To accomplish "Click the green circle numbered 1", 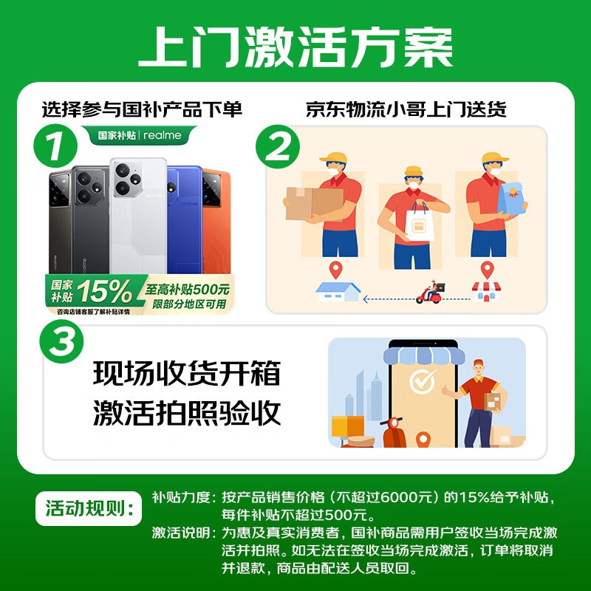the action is click(55, 146).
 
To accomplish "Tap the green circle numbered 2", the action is click(278, 146).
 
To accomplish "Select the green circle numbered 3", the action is click(61, 341).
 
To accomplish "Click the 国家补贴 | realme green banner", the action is click(140, 135).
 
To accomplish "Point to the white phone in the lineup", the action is click(138, 216).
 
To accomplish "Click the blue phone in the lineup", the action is click(185, 219).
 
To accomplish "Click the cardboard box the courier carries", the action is click(314, 203).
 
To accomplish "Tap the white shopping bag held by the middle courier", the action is click(419, 222).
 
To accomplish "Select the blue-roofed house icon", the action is click(338, 291).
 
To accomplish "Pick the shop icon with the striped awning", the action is click(486, 292).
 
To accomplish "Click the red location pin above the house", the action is click(335, 270).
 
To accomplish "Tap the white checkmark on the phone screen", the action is click(423, 381).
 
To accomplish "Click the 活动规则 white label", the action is click(89, 508).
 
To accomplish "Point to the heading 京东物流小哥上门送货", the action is click(406, 109).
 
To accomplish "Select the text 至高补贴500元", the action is click(188, 290).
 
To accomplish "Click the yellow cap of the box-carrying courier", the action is click(334, 157).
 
